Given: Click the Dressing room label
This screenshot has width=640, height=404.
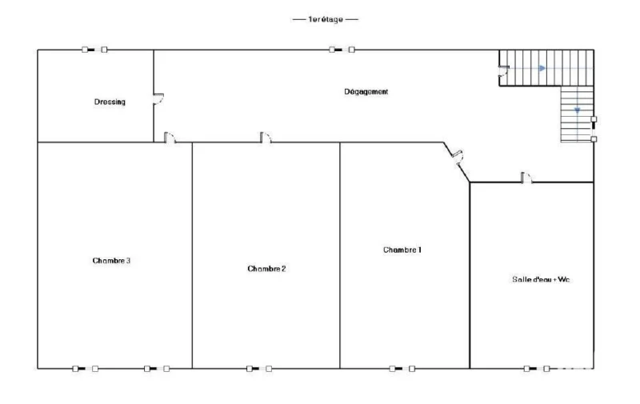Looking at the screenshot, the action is [110, 102].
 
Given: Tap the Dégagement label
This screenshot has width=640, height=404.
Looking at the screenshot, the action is [366, 92].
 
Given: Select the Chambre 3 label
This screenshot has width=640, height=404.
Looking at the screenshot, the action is [111, 260].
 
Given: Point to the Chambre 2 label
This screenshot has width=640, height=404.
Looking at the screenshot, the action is [266, 269].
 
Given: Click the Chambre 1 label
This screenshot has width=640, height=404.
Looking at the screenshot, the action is [402, 250].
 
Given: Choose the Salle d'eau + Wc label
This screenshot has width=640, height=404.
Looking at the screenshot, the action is [541, 279].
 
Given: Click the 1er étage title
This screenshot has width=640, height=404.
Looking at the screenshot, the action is [326, 19].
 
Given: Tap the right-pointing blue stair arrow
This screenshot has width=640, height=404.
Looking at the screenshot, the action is [542, 68].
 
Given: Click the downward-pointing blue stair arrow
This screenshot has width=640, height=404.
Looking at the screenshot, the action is [577, 110].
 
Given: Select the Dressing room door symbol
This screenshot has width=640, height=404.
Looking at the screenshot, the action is [158, 98].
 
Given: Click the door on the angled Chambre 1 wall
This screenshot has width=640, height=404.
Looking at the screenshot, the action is [458, 157].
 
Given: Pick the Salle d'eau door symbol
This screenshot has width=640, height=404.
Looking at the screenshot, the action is [526, 178].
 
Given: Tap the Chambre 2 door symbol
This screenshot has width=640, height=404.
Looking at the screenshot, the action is [266, 138].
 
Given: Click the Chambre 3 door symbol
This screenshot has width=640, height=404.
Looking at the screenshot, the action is [170, 138].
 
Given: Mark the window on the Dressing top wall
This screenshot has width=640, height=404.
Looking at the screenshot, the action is [94, 50].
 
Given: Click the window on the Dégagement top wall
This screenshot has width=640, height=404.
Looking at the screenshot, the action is [342, 50].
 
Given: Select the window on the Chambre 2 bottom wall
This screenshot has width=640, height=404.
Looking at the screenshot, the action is [259, 369].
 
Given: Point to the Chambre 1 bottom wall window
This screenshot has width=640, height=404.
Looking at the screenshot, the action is [402, 369].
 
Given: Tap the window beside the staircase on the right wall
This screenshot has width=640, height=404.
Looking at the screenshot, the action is [594, 129].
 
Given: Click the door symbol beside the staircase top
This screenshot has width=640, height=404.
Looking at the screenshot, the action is [503, 70].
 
